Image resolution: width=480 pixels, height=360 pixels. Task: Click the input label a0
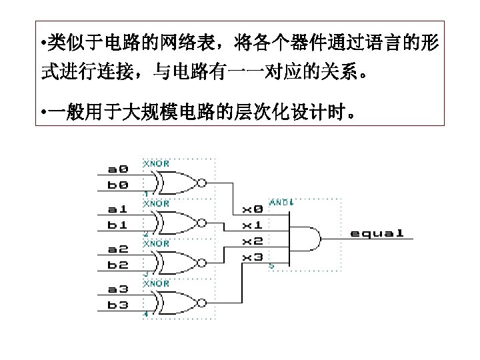tap(119, 169)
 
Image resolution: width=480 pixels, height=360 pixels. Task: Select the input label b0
tap(119, 185)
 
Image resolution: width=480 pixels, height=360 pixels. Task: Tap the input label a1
tap(119, 209)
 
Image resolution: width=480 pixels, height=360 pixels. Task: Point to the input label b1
tap(119, 225)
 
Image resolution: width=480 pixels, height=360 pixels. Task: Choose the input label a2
tap(119, 249)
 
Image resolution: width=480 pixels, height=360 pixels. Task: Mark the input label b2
tap(119, 265)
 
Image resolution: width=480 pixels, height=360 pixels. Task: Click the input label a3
tap(119, 289)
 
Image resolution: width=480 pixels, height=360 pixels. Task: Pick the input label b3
tap(119, 305)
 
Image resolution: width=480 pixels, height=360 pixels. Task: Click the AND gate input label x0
tap(252, 209)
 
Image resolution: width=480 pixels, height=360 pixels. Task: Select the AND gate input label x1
tap(252, 225)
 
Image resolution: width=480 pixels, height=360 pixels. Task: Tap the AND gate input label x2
tap(252, 241)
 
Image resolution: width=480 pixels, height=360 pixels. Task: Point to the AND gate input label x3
tap(252, 257)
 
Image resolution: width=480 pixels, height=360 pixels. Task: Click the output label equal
tap(377, 233)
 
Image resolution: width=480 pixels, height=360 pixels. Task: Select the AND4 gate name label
tap(282, 201)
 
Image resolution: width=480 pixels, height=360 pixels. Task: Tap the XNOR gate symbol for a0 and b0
tap(174, 181)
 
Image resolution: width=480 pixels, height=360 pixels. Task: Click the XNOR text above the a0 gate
tap(157, 163)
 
